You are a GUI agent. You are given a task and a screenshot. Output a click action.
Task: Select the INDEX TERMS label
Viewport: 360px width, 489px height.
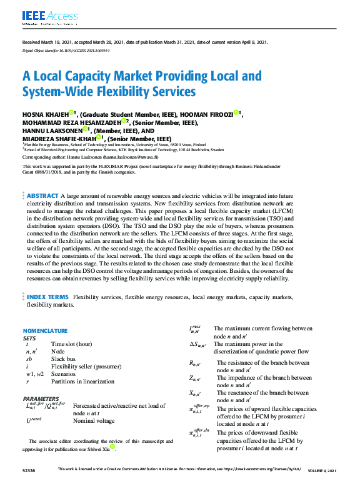pyautogui.click(x=48, y=297)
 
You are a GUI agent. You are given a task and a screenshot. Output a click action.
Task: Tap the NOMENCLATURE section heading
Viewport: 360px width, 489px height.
pyautogui.click(x=45, y=330)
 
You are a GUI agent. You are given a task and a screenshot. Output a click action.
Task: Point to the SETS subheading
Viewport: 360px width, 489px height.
pyautogui.click(x=29, y=337)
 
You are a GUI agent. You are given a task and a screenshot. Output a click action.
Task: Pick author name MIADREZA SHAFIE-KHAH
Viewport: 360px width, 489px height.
pyautogui.click(x=59, y=139)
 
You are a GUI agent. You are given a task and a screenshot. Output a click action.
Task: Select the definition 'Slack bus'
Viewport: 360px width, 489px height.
pyautogui.click(x=65, y=359)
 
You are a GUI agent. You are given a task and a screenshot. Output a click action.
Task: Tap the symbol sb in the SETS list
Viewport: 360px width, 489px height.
pyautogui.click(x=29, y=359)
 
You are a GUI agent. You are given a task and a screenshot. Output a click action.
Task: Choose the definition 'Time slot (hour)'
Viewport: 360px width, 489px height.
pyautogui.click(x=72, y=344)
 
